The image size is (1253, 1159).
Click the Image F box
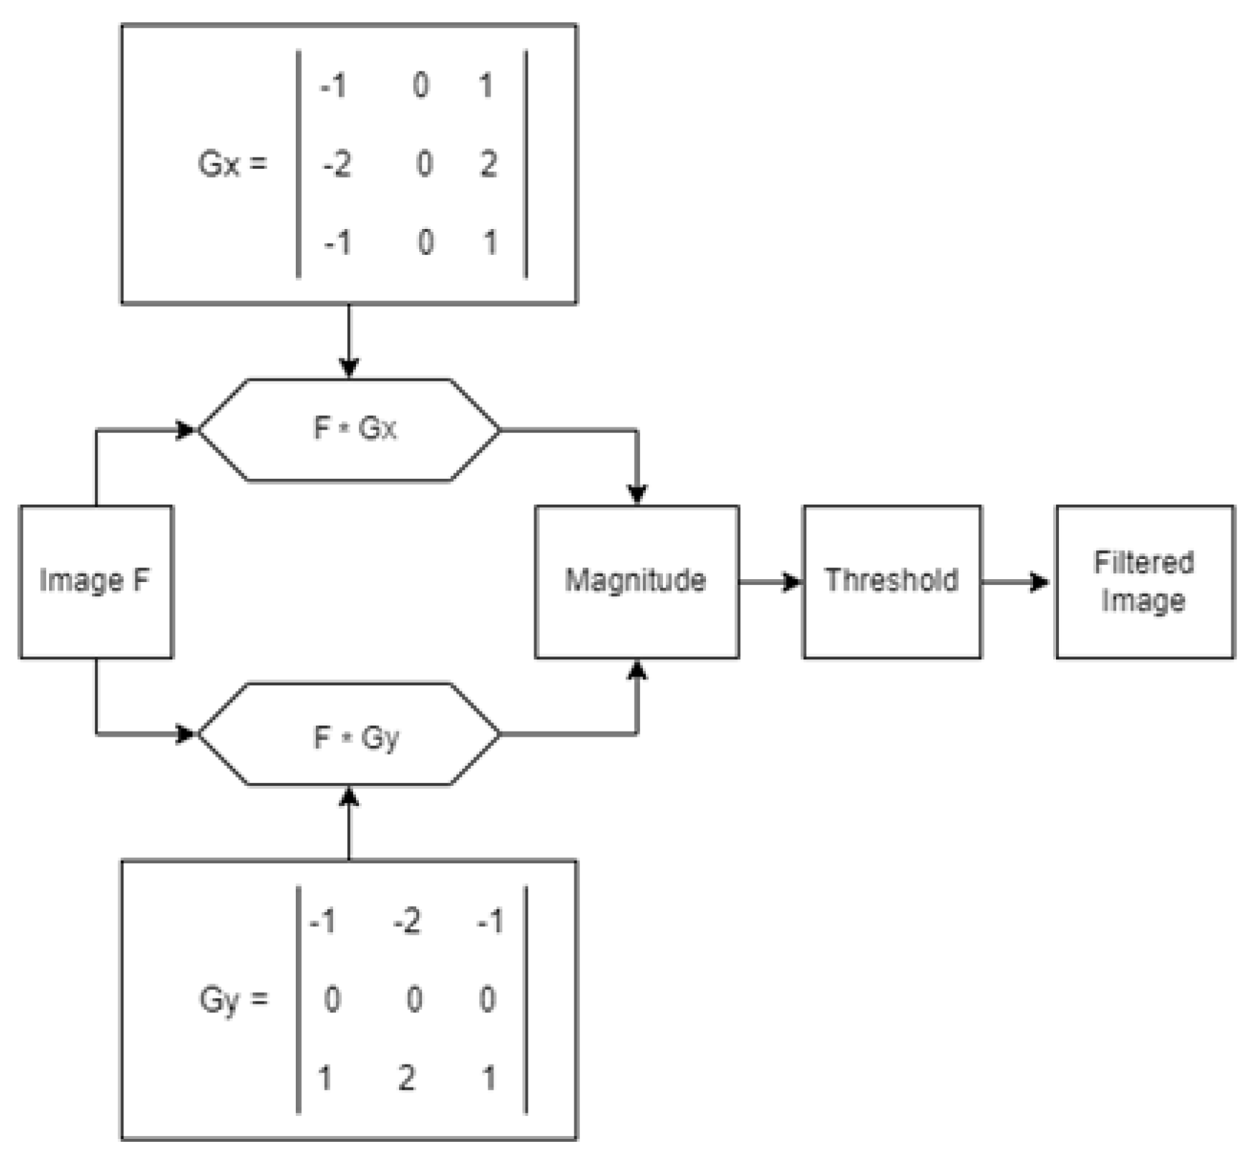coord(95,581)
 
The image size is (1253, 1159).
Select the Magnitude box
coord(636,581)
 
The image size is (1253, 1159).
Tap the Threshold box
coord(891,581)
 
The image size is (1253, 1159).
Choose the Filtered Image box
coord(1144,581)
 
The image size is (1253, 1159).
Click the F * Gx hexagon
coord(349,430)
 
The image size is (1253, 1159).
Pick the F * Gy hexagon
coord(349,735)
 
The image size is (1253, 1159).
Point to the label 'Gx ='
coord(232,164)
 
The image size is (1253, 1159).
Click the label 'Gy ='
coord(232,999)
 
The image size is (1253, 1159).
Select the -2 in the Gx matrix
coord(337,164)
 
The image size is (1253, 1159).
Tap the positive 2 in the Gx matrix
coord(488,164)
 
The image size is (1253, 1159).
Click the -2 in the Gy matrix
coord(407,922)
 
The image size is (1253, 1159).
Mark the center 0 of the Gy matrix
coord(414,999)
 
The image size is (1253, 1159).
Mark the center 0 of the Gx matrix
coord(424,164)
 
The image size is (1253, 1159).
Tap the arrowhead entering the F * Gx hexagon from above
coord(349,368)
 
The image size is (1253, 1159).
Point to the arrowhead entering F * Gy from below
coord(349,797)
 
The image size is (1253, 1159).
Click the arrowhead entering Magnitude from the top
coord(637,494)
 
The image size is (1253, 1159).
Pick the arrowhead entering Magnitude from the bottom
coord(637,670)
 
